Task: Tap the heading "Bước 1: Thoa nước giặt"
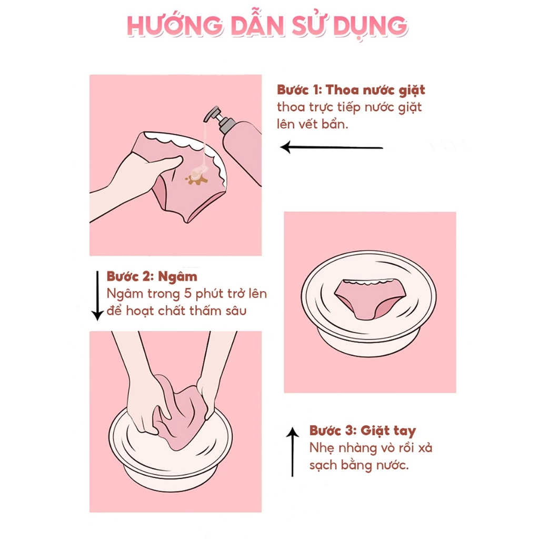351,89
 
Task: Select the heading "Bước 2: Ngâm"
152,276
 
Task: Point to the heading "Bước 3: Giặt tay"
363,431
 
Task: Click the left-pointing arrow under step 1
332,147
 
